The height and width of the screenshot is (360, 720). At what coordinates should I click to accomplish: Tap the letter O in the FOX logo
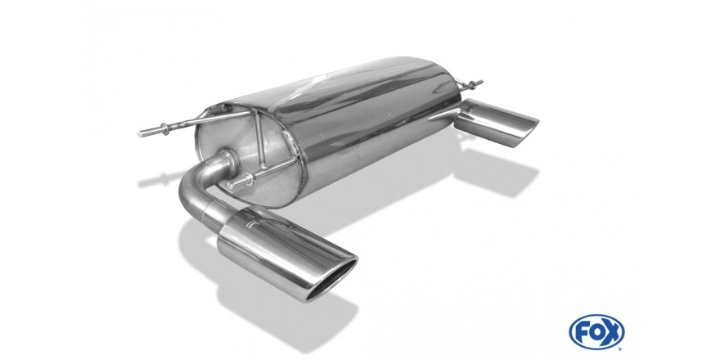pos(596,331)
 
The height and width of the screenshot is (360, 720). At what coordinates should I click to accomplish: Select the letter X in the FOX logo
pos(612,331)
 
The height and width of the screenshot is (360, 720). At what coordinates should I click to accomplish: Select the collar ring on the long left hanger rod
pos(164,129)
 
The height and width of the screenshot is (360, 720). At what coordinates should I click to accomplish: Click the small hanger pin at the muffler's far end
pos(470,84)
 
